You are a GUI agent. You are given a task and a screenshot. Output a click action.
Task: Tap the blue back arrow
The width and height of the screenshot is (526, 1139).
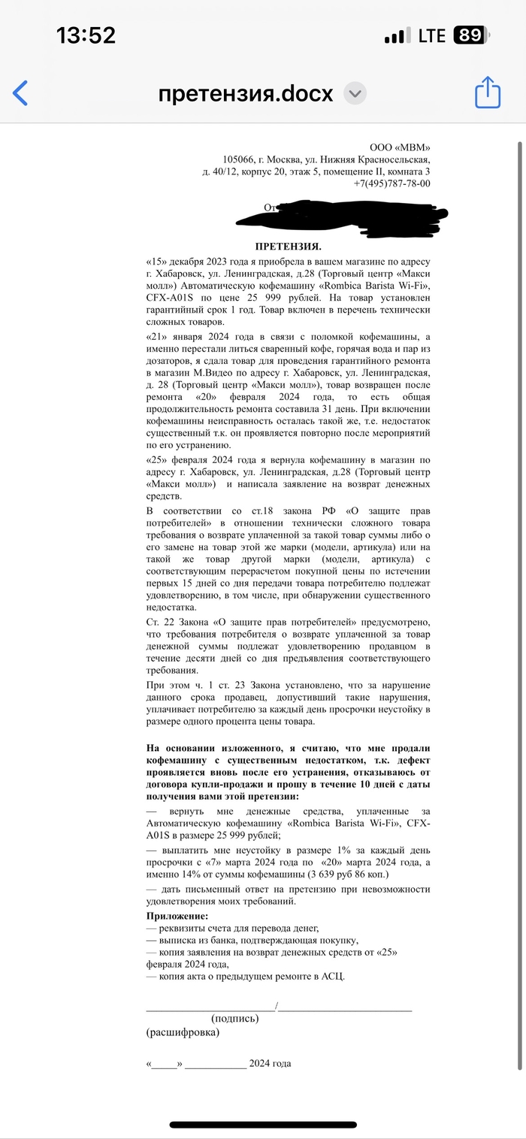(x=21, y=93)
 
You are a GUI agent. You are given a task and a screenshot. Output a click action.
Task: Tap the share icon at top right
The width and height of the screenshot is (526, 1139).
(x=487, y=93)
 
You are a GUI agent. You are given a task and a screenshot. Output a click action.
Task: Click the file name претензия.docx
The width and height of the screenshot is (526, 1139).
(x=245, y=94)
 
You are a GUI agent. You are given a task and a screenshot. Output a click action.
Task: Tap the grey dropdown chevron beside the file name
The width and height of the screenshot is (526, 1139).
(x=355, y=94)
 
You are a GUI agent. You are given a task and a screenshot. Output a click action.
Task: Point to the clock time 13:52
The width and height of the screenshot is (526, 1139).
(x=86, y=35)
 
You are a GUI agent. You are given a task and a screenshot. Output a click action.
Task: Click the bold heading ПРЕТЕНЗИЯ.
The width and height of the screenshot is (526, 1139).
(x=289, y=247)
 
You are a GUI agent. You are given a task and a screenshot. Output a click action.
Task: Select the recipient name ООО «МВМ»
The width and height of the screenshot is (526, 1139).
(x=401, y=147)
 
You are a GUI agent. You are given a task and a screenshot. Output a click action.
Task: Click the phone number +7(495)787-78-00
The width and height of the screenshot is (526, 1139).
(x=391, y=183)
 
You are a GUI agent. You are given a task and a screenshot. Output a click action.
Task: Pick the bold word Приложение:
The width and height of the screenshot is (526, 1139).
(x=177, y=916)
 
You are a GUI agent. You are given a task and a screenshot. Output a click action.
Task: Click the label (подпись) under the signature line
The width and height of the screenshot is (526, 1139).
(x=235, y=1019)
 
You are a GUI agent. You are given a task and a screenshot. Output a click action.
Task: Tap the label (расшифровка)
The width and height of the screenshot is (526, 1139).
(x=183, y=1032)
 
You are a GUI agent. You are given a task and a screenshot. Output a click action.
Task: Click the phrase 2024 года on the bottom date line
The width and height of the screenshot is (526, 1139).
(x=271, y=1063)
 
